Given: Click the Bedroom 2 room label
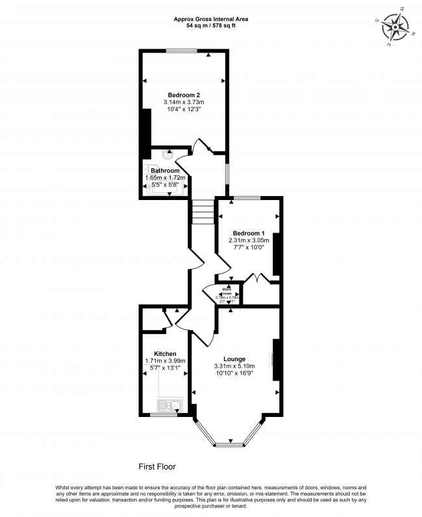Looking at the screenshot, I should pyautogui.click(x=184, y=95).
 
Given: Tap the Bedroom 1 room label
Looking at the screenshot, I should pyautogui.click(x=249, y=233).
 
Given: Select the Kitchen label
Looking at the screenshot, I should pyautogui.click(x=165, y=354).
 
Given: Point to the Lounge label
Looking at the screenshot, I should pyautogui.click(x=234, y=359).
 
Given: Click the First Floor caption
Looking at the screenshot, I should pyautogui.click(x=157, y=466).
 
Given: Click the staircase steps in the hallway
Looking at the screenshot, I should pyautogui.click(x=203, y=212).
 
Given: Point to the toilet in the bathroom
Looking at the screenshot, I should pyautogui.click(x=168, y=155).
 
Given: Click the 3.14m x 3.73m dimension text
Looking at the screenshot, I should pyautogui.click(x=184, y=103).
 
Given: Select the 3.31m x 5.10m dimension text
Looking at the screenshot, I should pyautogui.click(x=234, y=366).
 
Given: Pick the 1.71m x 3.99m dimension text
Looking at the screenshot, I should pyautogui.click(x=165, y=362).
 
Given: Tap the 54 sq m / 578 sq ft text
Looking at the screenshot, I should pyautogui.click(x=210, y=27).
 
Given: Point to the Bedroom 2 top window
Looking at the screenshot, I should pyautogui.click(x=184, y=51).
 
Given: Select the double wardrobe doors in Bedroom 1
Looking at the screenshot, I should pyautogui.click(x=259, y=279).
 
